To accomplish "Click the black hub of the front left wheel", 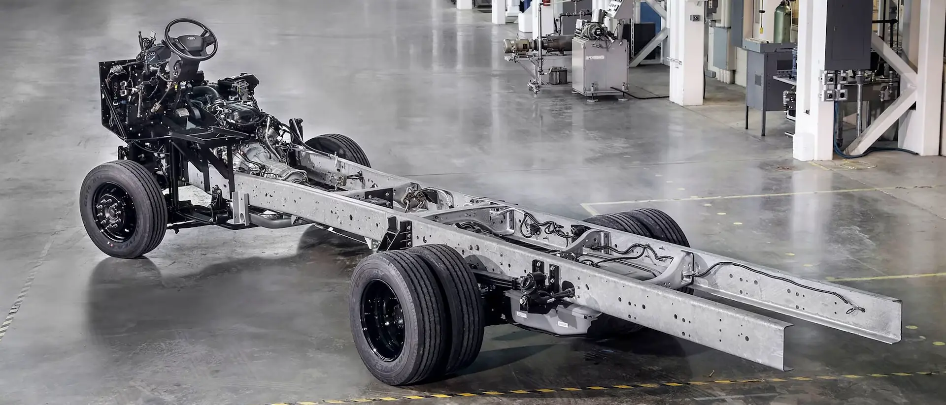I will [111, 212].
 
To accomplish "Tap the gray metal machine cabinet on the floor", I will [599, 66].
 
